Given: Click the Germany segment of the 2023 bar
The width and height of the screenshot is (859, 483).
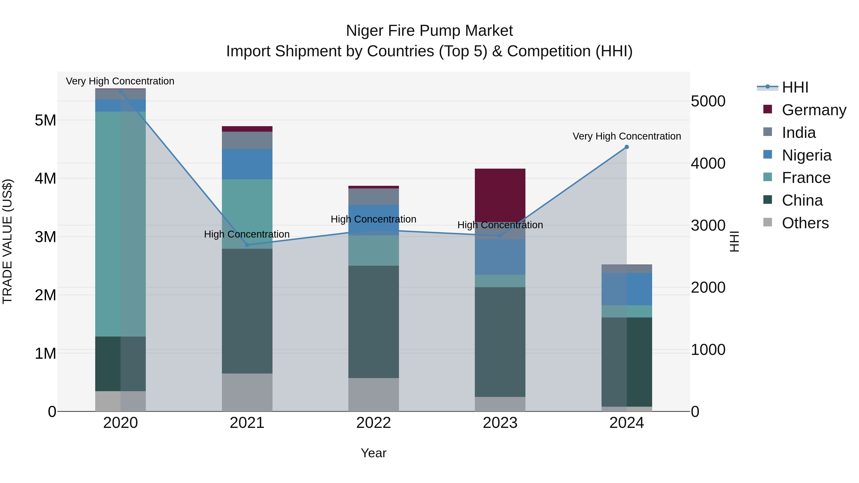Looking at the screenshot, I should click(500, 195).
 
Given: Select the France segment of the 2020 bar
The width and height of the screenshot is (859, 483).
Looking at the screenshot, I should click(120, 224).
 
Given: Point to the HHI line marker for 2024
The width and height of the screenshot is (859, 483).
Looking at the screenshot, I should click(627, 147).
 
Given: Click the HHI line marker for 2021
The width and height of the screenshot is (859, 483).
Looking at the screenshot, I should click(247, 245).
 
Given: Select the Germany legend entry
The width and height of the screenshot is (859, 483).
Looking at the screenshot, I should click(814, 110).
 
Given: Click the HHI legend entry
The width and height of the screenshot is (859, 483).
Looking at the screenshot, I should click(795, 87).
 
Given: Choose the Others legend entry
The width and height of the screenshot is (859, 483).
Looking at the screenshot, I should click(805, 223).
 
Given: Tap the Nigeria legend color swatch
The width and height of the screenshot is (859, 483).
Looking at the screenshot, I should click(768, 155).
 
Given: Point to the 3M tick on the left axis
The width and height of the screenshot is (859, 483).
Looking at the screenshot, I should click(45, 237).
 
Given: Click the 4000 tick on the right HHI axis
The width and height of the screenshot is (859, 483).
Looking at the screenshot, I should click(708, 163).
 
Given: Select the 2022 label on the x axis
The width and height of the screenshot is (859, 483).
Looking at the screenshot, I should click(373, 423).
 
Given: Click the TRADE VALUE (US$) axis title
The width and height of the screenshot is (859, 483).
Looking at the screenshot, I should click(8, 241).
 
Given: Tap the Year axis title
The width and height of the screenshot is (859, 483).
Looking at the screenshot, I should click(373, 453).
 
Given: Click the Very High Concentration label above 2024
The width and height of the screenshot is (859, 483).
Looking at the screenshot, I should click(627, 136).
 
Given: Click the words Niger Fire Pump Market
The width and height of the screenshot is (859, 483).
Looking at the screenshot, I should click(429, 31).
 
